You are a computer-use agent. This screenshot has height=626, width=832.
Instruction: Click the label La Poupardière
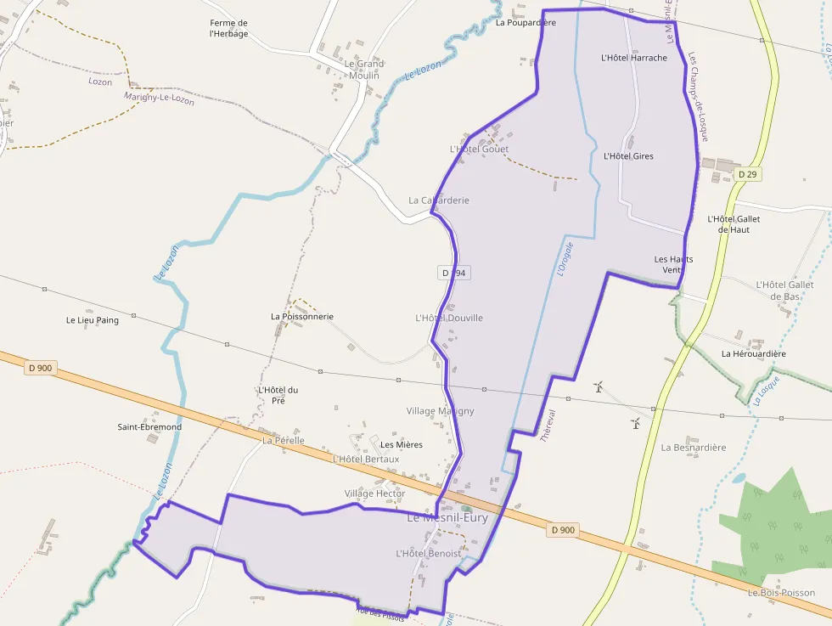(x=526, y=23)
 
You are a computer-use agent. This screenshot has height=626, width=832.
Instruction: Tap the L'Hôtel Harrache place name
(x=633, y=59)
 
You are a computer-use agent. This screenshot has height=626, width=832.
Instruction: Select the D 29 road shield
(x=747, y=174)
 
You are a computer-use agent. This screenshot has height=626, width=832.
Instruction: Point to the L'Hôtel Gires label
(x=628, y=156)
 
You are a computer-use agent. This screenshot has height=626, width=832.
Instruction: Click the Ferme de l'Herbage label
(x=229, y=28)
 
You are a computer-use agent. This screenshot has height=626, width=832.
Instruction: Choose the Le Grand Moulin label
(x=363, y=70)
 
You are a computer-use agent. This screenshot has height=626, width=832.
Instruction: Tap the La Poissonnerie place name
(x=302, y=317)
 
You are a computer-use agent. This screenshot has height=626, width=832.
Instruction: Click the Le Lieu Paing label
(x=93, y=320)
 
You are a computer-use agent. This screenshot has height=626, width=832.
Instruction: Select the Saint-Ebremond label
(x=149, y=426)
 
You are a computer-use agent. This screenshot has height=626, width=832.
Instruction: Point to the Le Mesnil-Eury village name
(x=447, y=517)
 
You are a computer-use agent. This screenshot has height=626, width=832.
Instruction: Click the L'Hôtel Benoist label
(x=429, y=553)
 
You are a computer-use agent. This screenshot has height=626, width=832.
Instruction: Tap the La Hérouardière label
(x=754, y=353)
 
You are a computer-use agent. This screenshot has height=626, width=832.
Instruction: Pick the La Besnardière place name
(x=694, y=447)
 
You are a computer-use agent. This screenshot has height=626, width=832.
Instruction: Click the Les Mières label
(x=402, y=444)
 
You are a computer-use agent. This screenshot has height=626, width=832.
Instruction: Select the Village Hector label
(x=374, y=493)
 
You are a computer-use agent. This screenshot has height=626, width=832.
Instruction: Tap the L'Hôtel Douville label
(x=449, y=318)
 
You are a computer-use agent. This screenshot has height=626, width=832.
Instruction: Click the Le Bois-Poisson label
(x=781, y=593)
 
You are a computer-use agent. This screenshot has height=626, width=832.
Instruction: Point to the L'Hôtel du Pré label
(x=278, y=395)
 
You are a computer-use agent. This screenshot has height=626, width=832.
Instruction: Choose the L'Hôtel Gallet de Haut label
(x=734, y=223)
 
